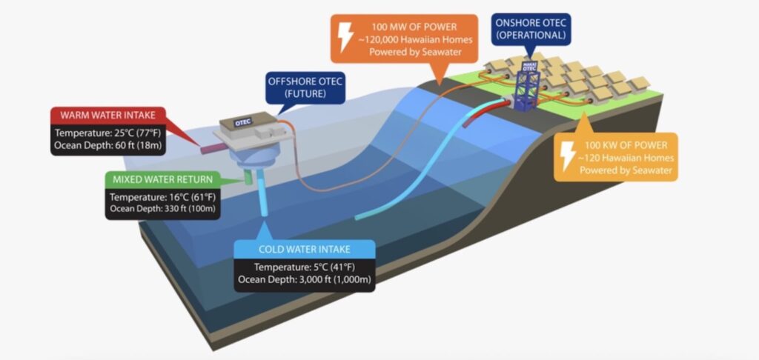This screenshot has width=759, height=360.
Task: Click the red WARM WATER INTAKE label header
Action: click(107, 116)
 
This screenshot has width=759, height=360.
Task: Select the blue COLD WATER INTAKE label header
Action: click(304, 249)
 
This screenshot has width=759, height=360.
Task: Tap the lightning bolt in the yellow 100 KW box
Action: click(567, 156)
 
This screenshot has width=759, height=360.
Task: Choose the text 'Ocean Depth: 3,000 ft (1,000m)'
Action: click(304, 280)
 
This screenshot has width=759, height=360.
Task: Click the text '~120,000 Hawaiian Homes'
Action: click(406, 41)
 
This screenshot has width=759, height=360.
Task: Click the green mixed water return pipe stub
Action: click(248, 178)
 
